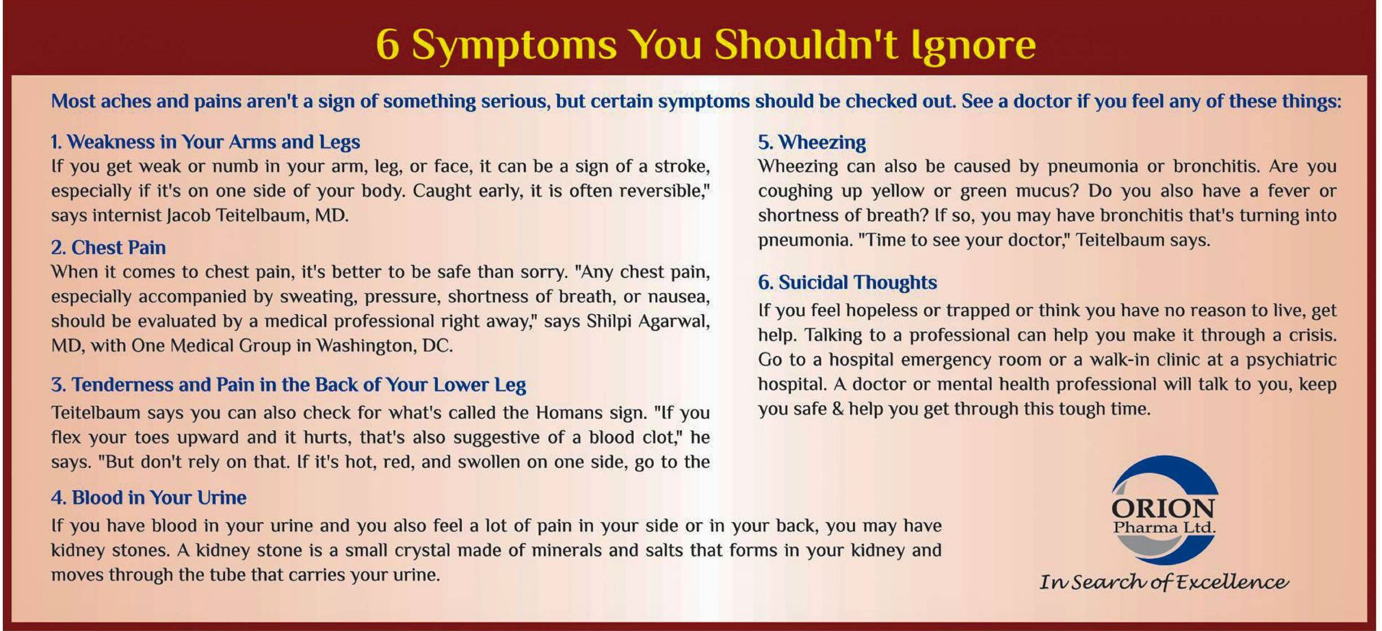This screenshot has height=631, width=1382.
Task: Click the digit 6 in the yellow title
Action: [x=388, y=45]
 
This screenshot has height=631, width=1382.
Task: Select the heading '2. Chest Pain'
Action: [x=108, y=248]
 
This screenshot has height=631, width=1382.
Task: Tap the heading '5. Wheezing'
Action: [x=812, y=143]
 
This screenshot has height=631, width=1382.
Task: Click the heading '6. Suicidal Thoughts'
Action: [x=847, y=282]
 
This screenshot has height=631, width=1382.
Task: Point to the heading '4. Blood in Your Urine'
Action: [x=149, y=497]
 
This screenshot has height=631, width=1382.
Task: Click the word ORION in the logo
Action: [x=1163, y=508]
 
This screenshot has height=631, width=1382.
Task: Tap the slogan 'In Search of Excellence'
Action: [x=1164, y=581]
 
